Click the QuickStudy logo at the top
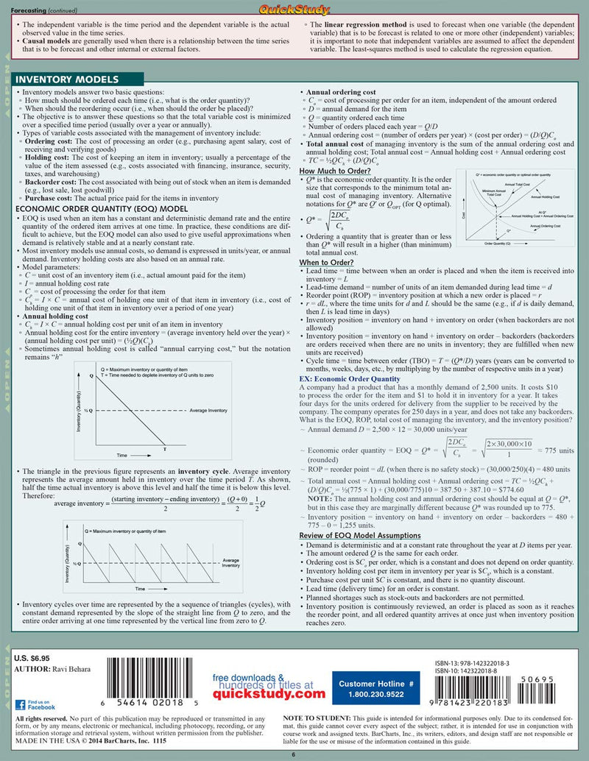(294, 8)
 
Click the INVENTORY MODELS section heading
(67, 79)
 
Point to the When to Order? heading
(327, 263)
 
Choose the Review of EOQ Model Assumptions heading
(360, 535)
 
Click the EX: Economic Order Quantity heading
(350, 379)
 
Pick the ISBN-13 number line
(477, 662)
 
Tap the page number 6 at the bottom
(294, 755)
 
